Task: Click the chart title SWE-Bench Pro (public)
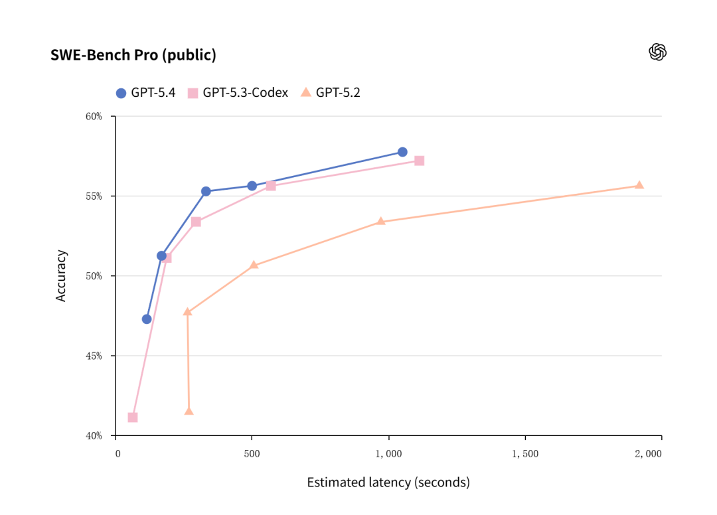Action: point(133,55)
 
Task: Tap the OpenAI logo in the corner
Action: point(657,52)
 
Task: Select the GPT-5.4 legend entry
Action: point(145,93)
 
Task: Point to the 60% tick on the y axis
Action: point(94,117)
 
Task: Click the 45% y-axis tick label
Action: point(94,356)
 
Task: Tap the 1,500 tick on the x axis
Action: point(525,454)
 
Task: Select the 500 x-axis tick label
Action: point(252,454)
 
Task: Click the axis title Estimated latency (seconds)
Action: point(388,482)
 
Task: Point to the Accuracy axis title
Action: point(61,275)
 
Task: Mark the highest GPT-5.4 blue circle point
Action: point(402,152)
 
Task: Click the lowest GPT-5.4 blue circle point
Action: point(147,319)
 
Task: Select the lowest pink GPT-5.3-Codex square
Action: point(133,417)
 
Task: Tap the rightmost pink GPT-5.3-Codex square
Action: point(420,161)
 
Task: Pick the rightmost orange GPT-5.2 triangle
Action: point(639,185)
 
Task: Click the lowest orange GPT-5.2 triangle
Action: point(189,411)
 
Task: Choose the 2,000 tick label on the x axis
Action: point(648,454)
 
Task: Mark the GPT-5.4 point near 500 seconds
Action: point(252,186)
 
